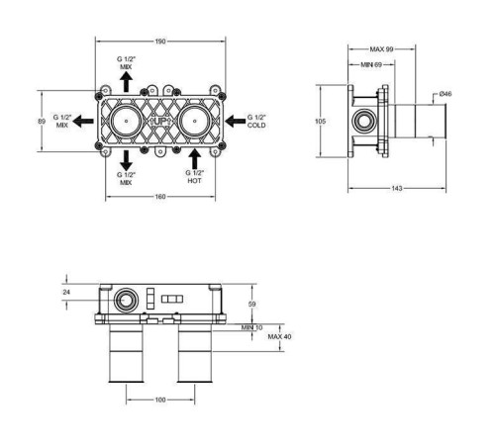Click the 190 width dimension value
pos(160,42)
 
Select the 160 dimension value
pos(160,197)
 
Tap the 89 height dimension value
pos(42,122)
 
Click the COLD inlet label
pos(256,126)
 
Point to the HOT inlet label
pos(194,181)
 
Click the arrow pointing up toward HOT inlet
pos(195,159)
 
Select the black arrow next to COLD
pos(235,121)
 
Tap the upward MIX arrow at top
pos(126,82)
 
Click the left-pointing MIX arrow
pos(83,121)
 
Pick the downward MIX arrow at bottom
pos(126,161)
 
